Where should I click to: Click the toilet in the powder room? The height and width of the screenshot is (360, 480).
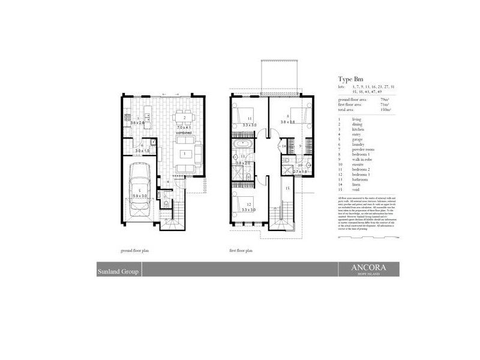click(x=165, y=204)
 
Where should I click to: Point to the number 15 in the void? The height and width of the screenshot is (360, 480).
click(x=287, y=188)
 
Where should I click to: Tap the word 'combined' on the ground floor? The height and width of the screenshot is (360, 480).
click(x=184, y=132)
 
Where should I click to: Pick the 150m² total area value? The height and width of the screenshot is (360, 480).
click(x=385, y=110)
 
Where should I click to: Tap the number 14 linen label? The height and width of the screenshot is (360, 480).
click(x=284, y=146)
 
